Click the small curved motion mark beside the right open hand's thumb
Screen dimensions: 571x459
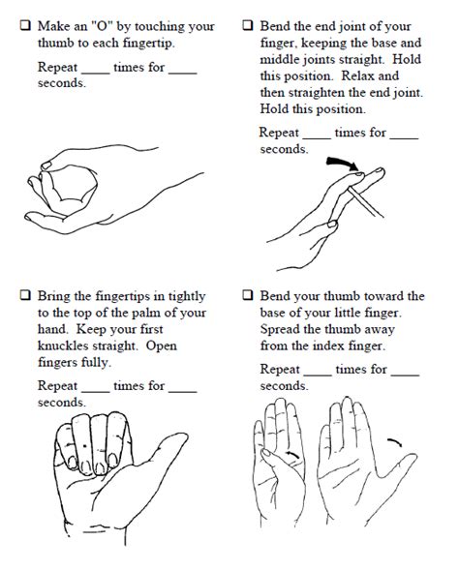[x=394, y=443]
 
